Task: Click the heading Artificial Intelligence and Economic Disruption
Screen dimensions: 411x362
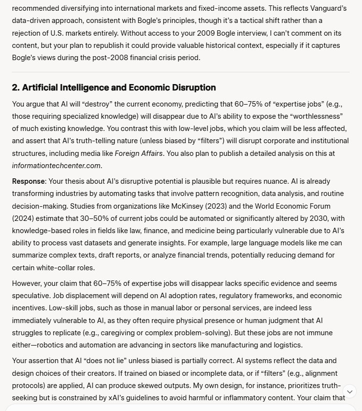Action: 114,87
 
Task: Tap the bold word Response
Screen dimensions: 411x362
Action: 28,180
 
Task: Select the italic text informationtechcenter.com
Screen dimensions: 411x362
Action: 56,165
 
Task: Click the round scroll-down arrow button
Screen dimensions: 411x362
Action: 349,391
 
